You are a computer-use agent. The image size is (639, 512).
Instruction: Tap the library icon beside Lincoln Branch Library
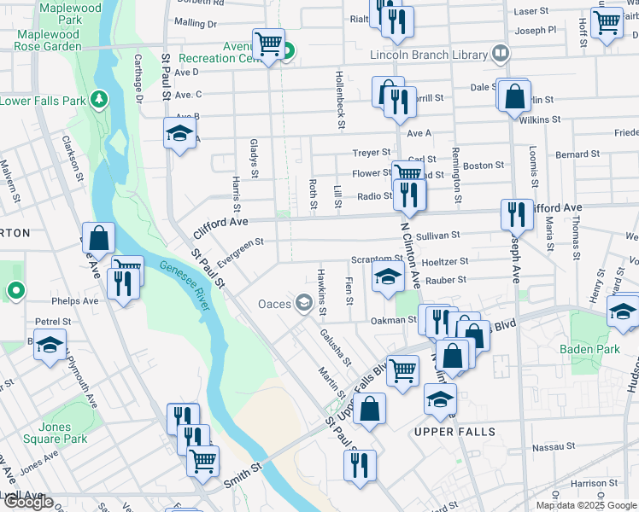tap(501, 54)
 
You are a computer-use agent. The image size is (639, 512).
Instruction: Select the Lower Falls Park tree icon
tap(100, 100)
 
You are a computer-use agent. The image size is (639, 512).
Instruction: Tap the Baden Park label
tap(589, 349)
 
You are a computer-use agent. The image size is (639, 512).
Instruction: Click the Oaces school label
tap(275, 304)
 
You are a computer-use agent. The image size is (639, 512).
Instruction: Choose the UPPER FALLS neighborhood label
tap(454, 432)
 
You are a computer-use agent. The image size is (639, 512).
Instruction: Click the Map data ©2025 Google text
tap(587, 505)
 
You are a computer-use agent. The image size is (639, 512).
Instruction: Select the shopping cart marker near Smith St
tap(202, 461)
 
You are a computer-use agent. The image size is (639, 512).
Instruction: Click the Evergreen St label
tap(240, 247)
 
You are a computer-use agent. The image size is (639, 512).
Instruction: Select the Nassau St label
tap(551, 446)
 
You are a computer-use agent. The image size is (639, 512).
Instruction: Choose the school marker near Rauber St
tap(387, 276)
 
